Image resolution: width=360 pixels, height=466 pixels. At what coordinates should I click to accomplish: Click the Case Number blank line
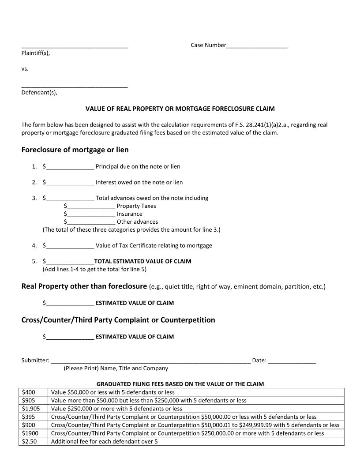click(x=256, y=46)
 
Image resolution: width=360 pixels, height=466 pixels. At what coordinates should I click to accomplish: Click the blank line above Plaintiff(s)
click(x=75, y=46)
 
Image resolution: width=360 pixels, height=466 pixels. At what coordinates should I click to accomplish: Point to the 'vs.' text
click(x=25, y=69)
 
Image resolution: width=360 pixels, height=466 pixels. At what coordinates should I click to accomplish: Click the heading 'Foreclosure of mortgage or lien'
click(x=75, y=150)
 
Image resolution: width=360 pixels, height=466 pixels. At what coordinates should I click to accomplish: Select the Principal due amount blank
click(x=70, y=167)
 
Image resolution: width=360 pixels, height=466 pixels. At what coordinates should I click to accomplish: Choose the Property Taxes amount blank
click(x=91, y=207)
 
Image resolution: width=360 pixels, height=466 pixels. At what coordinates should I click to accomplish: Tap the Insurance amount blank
click(x=91, y=214)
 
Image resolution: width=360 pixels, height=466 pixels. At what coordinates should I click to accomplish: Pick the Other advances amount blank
click(x=91, y=222)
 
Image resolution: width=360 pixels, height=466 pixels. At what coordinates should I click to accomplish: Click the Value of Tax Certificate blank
click(x=70, y=246)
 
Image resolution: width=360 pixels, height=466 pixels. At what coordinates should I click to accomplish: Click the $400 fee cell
click(x=33, y=392)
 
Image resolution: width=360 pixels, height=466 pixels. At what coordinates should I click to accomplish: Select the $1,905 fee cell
click(x=33, y=409)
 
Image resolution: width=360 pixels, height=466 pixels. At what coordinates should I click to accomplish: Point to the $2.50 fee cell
click(x=33, y=441)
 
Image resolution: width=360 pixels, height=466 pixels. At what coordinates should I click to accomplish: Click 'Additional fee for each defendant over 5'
click(x=104, y=441)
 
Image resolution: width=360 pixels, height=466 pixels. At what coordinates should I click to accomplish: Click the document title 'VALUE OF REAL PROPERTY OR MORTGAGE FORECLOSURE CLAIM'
click(x=180, y=109)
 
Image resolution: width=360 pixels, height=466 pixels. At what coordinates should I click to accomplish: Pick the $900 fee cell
click(x=33, y=425)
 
